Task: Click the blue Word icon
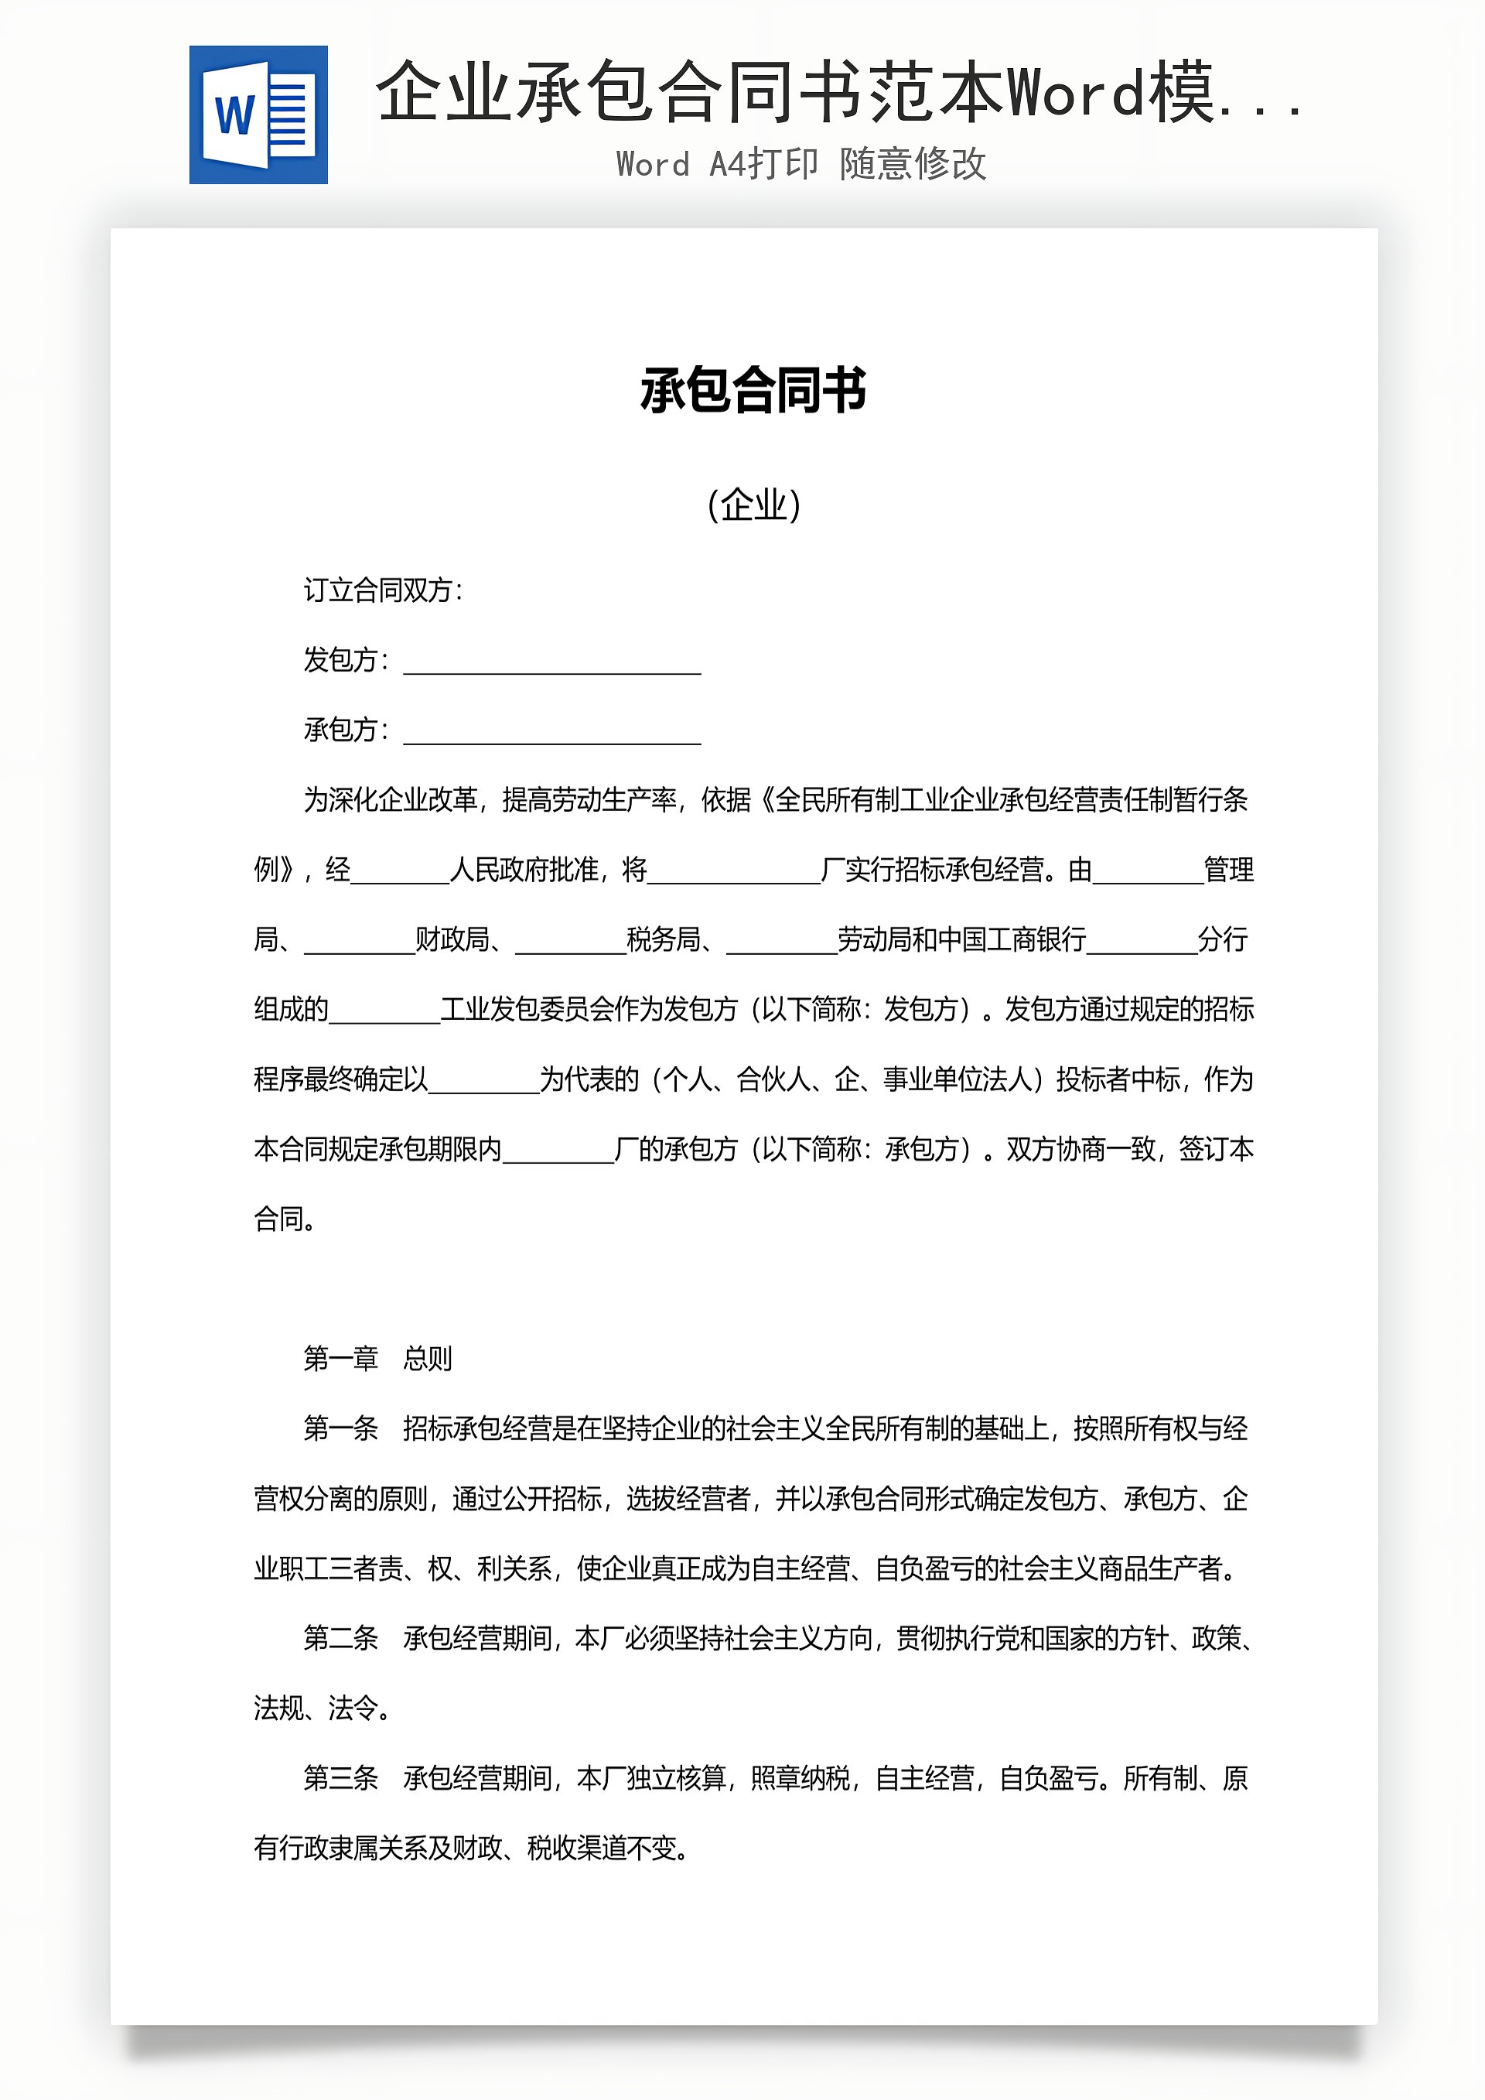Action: pyautogui.click(x=259, y=115)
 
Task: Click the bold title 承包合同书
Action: pyautogui.click(x=753, y=391)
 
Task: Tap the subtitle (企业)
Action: pyautogui.click(x=753, y=504)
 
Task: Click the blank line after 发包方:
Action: pyautogui.click(x=552, y=662)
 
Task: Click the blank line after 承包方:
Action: pyautogui.click(x=552, y=733)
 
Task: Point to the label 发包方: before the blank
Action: pyautogui.click(x=346, y=660)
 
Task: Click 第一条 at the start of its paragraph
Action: pyautogui.click(x=340, y=1428)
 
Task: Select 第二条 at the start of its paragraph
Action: pyautogui.click(x=340, y=1638)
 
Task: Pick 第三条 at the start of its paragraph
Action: pyautogui.click(x=340, y=1778)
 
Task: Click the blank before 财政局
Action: pyautogui.click(x=360, y=942)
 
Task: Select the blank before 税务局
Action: pyautogui.click(x=571, y=942)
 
